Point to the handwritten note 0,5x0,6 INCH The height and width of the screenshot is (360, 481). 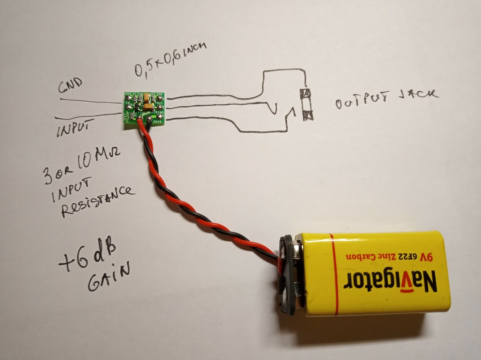(x=170, y=58)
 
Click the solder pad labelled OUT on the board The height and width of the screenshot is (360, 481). (x=160, y=107)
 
